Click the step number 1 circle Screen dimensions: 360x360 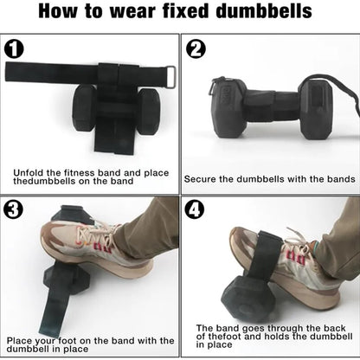14,49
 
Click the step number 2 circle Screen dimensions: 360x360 196,49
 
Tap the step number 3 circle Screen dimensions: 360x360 13,209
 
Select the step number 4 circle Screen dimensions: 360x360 195,209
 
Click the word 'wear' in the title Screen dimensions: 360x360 133,11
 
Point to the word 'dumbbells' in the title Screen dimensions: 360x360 264,11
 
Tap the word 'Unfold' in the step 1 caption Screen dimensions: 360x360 29,173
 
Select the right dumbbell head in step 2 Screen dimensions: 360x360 315,108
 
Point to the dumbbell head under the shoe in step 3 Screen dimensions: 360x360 66,280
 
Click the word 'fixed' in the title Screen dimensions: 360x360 185,11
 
